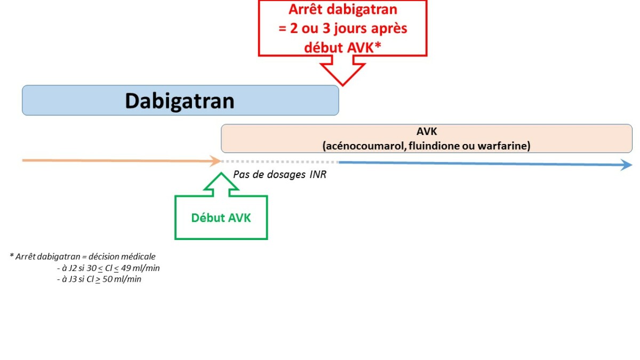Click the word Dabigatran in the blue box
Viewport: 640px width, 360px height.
click(x=180, y=101)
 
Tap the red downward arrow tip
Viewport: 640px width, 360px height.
click(x=342, y=82)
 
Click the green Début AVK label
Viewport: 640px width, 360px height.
click(x=221, y=218)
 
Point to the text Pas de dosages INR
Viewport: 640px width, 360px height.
click(x=279, y=174)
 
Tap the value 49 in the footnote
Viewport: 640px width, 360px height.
click(x=127, y=268)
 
